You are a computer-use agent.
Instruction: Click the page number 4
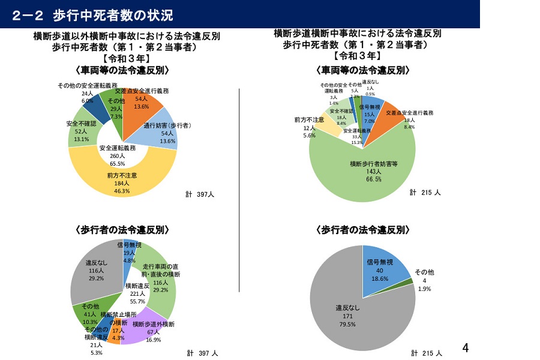click(466, 348)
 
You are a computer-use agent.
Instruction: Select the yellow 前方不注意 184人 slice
click(122, 180)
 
